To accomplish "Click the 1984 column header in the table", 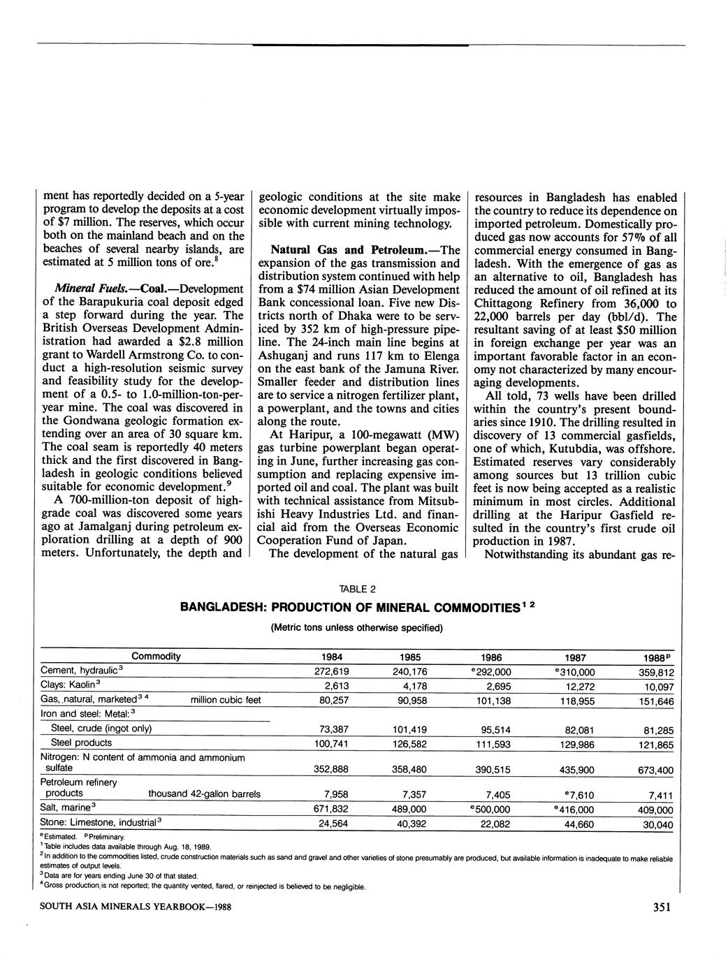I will coord(331,657).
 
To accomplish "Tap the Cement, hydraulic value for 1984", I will coord(333,671).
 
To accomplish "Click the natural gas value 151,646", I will coord(656,701).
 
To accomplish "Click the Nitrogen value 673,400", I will coord(656,771).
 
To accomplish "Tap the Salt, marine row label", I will coord(68,808).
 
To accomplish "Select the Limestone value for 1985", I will coord(411,824).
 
